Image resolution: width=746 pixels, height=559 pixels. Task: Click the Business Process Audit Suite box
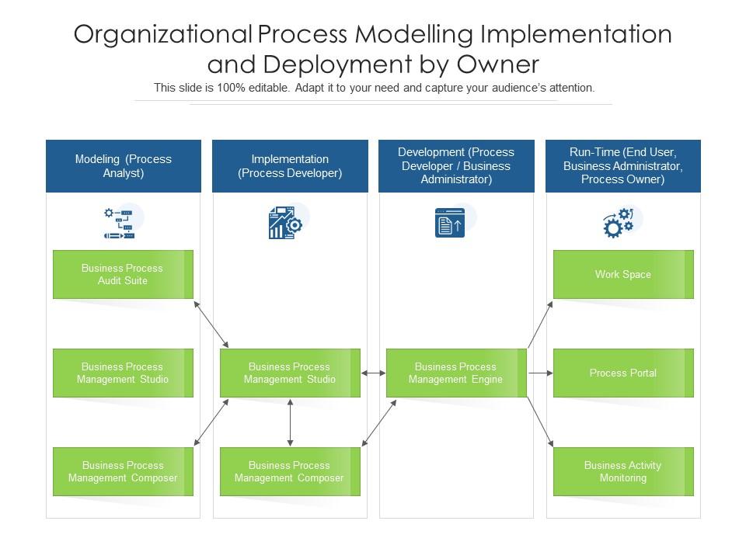pos(123,274)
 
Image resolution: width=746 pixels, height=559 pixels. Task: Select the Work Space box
pos(623,274)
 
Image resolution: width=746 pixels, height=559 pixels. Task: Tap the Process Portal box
pos(623,373)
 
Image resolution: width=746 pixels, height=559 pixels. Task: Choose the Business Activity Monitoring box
pos(623,471)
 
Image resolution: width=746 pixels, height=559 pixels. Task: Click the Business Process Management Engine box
pos(456,373)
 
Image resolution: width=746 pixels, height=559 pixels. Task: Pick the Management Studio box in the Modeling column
pos(123,373)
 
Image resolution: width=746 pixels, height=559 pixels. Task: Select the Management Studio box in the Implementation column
pos(290,373)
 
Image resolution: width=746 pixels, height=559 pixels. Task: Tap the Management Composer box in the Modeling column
pos(123,471)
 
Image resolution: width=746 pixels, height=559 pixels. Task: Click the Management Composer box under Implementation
pos(290,471)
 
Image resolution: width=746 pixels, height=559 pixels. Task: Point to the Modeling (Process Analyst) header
pos(124,165)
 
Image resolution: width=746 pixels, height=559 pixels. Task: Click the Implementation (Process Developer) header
pos(290,165)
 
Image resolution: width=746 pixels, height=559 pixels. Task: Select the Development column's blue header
pos(456,165)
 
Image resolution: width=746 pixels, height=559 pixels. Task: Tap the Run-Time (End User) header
pos(623,165)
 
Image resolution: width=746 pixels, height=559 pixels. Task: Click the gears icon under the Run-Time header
pos(619,223)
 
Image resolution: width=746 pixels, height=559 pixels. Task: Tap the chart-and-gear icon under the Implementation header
pos(284,223)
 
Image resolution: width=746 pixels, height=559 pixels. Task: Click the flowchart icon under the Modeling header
pos(119,223)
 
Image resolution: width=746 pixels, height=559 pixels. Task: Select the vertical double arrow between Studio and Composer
pos(290,422)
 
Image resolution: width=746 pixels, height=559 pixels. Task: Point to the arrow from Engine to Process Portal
pos(540,373)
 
